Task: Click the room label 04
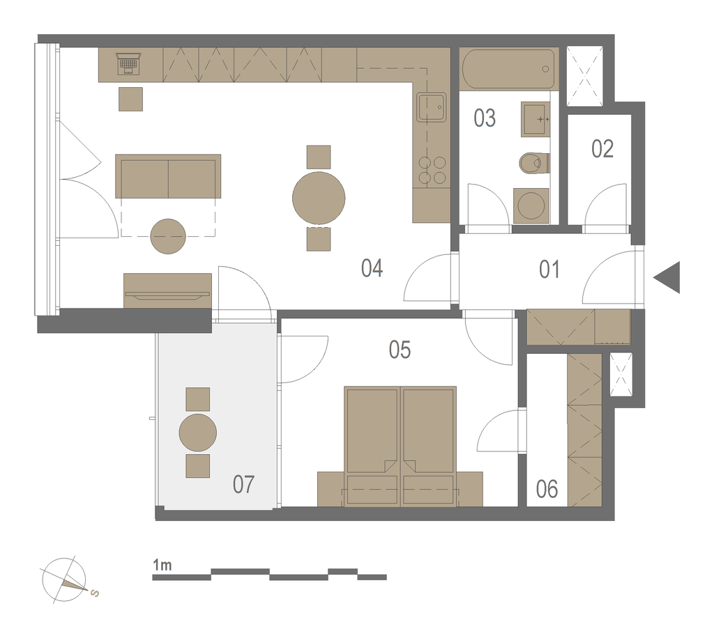coord(372,268)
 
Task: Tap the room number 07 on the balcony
coord(243,484)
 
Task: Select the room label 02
coord(602,148)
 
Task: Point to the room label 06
coord(547,490)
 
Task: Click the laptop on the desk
coord(129,63)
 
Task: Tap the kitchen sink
coord(431,107)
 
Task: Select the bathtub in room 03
coord(508,69)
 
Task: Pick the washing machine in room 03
coord(531,205)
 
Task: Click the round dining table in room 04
coord(319,198)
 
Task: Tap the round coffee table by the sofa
coord(168,237)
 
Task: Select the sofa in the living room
coord(168,176)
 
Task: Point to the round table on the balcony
coord(197,433)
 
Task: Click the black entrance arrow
coord(667,277)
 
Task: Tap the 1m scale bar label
coord(162,566)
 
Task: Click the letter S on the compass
coord(95,593)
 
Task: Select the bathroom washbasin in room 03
coord(535,119)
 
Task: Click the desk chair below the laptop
coord(130,99)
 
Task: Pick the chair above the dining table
coord(319,157)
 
